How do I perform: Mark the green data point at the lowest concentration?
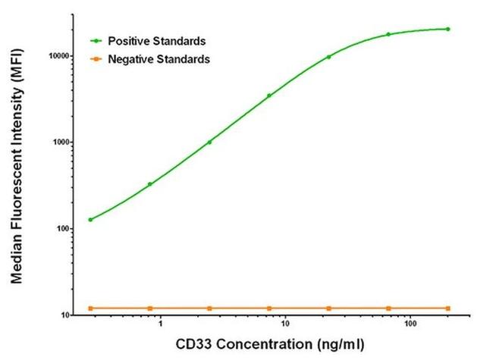(90, 220)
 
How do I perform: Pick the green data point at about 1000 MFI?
(209, 142)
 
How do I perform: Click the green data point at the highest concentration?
(447, 30)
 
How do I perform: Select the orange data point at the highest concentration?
(447, 308)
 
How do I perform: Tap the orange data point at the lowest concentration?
(90, 308)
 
